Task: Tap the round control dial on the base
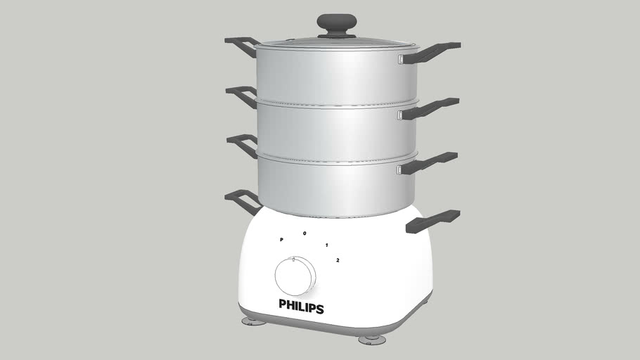click(x=295, y=276)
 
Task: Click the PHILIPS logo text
click(x=301, y=306)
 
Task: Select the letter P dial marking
click(x=281, y=240)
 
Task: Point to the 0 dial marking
click(x=305, y=233)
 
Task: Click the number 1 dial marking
click(x=327, y=245)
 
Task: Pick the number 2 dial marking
click(x=338, y=260)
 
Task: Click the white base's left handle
click(x=242, y=200)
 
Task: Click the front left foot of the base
click(x=254, y=321)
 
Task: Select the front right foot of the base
click(x=371, y=340)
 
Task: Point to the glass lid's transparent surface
click(x=309, y=42)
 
